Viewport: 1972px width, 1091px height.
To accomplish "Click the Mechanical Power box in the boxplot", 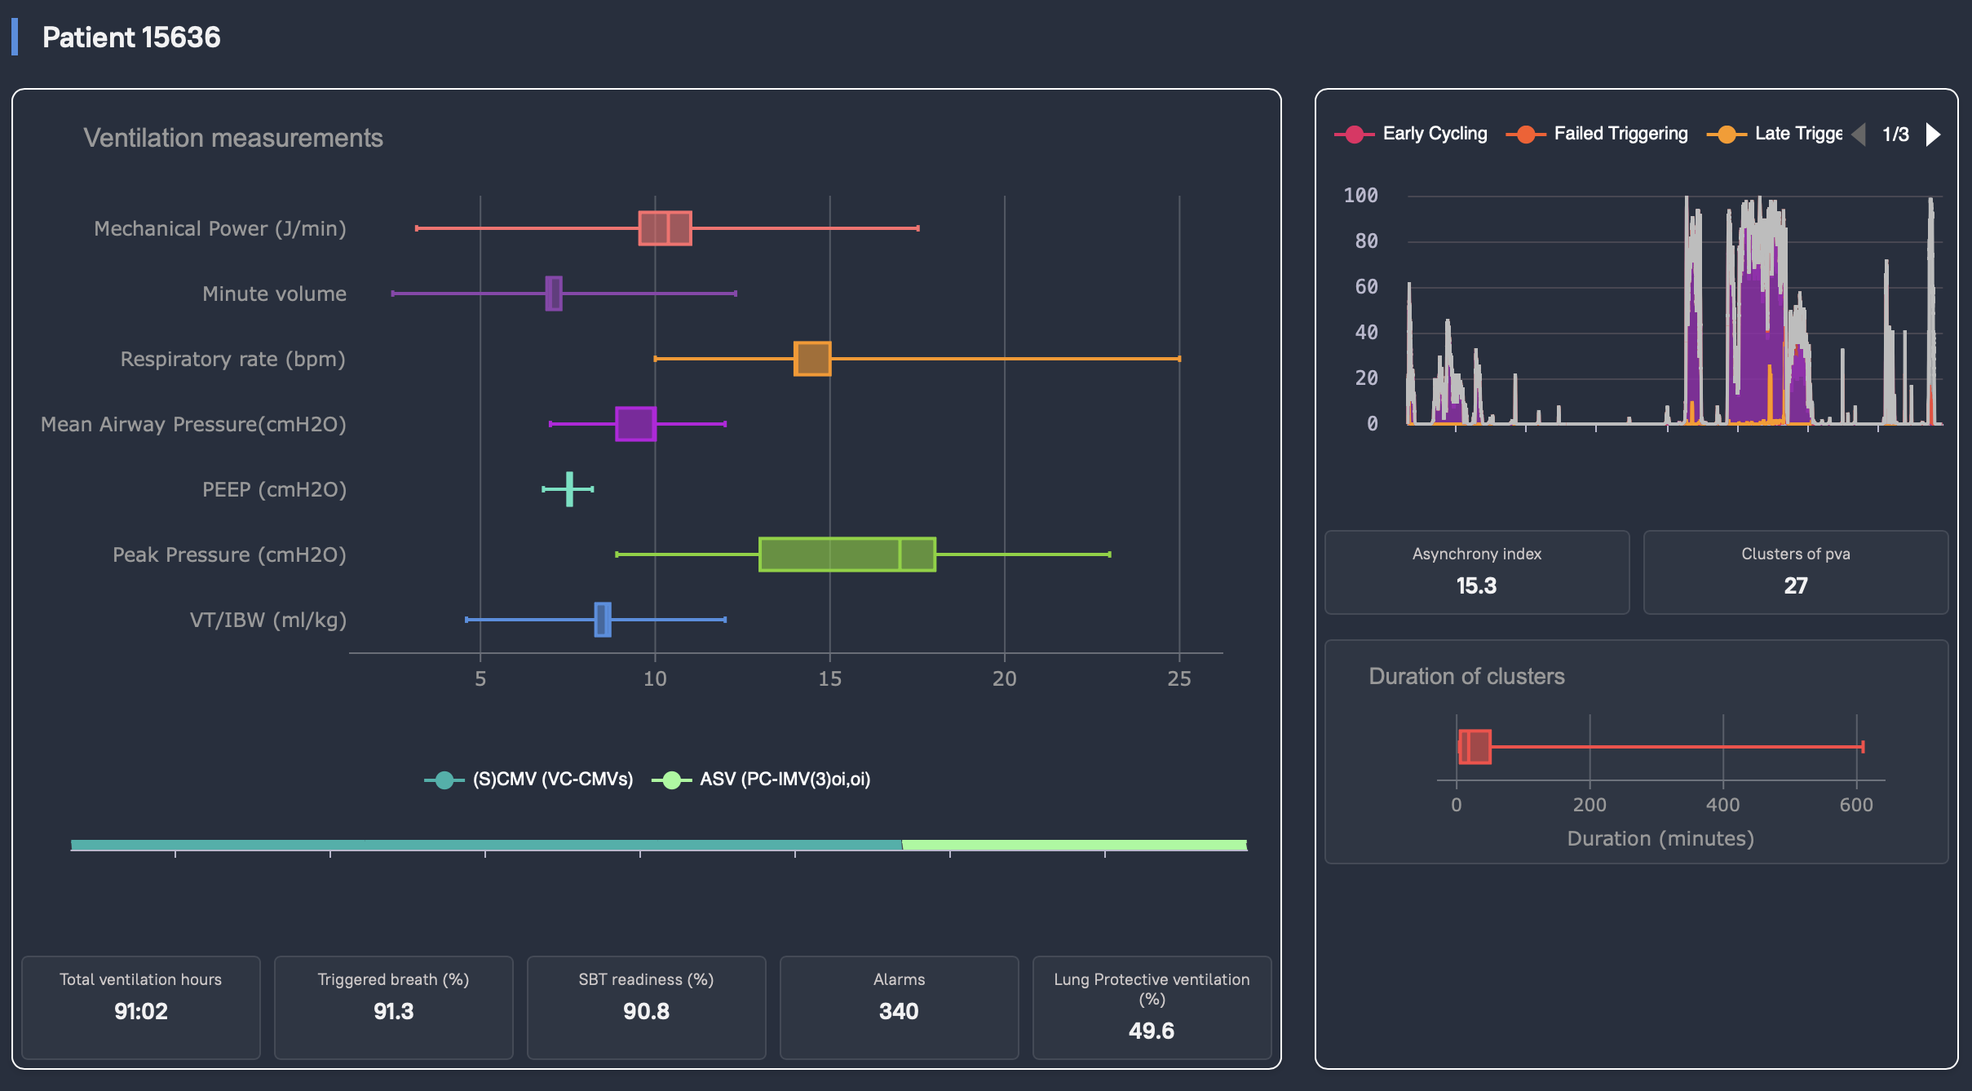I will click(665, 228).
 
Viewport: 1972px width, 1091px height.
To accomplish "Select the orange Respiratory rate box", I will click(812, 359).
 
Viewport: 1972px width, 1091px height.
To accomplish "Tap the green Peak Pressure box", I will click(847, 554).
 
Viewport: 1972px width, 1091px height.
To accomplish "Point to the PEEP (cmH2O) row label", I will click(274, 489).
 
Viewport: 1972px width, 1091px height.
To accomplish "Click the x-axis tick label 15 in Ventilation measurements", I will click(829, 678).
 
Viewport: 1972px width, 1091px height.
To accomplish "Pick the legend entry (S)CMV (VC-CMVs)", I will click(552, 780).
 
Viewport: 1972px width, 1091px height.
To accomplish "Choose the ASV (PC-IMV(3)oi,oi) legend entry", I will click(785, 780).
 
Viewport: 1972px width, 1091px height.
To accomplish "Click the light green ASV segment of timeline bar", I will click(1074, 845).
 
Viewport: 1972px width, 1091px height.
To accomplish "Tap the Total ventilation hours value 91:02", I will click(140, 1011).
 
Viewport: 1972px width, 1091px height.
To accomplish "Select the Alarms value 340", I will click(899, 1011).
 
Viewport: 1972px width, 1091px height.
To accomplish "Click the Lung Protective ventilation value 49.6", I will click(1151, 1031).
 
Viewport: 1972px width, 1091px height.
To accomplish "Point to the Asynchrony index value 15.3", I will click(1476, 585).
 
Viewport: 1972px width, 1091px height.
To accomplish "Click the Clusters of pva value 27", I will click(1795, 585).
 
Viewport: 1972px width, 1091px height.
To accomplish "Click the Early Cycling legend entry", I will click(1434, 134).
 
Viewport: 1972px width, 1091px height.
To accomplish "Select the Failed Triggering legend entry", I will click(1620, 134).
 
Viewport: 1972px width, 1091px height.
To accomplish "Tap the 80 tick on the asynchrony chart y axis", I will click(1366, 241).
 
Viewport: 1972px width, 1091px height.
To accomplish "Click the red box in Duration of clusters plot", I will click(1475, 747).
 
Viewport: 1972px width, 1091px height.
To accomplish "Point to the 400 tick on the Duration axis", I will click(1722, 805).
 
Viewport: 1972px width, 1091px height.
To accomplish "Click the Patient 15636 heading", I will click(131, 38).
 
